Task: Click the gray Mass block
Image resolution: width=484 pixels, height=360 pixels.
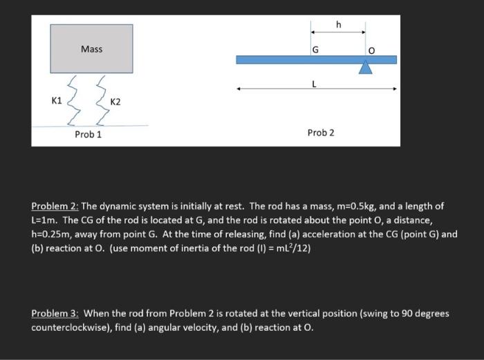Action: click(91, 49)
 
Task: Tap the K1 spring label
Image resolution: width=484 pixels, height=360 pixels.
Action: click(57, 101)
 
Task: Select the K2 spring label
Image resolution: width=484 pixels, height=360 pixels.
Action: click(115, 102)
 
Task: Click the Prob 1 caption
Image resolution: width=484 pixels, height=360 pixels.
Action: click(89, 134)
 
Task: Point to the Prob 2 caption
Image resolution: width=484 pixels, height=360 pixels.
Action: click(320, 132)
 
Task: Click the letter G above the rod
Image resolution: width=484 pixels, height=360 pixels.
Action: click(316, 50)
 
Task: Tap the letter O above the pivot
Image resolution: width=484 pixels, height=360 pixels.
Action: click(371, 50)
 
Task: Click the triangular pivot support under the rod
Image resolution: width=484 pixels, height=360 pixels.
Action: click(366, 68)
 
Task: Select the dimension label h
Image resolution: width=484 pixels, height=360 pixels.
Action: click(338, 25)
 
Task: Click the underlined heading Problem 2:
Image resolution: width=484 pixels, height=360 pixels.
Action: click(55, 207)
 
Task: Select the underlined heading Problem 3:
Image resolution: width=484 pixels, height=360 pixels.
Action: click(55, 313)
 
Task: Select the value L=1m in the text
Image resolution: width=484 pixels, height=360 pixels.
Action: click(43, 220)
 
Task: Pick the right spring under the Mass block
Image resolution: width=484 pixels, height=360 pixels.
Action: click(102, 99)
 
